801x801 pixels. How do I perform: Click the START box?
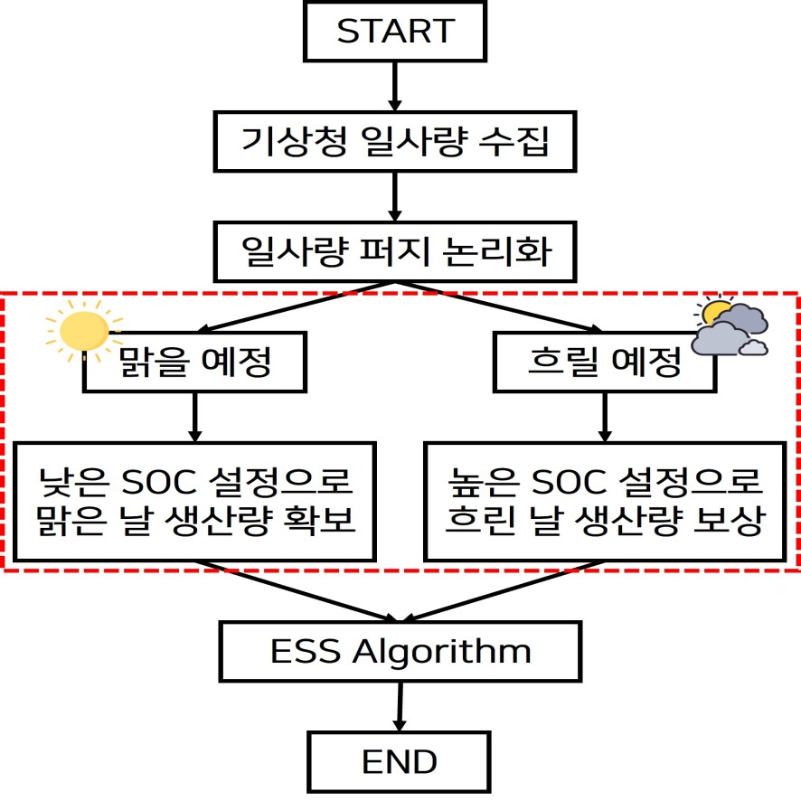395,31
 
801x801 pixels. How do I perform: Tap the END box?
399,761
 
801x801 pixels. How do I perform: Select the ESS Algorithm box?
400,651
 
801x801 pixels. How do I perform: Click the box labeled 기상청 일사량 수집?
395,141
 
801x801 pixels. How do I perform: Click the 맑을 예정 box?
195,363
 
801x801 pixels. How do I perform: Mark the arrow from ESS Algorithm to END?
399,706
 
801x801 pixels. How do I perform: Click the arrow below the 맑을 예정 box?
195,417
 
